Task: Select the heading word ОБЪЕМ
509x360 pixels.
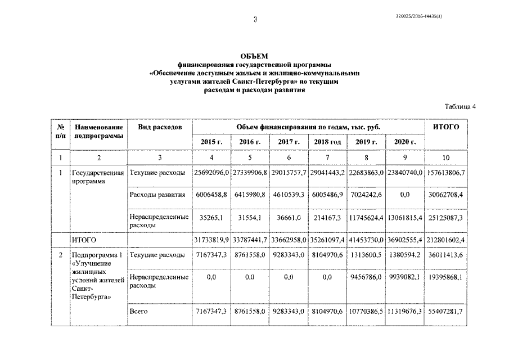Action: tap(254, 56)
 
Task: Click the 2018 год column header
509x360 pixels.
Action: tap(327, 142)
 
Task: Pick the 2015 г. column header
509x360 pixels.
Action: tap(211, 142)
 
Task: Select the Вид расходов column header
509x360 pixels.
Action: tap(160, 128)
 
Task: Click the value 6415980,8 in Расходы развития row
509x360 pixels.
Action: tap(250, 195)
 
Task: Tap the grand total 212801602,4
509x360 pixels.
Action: tap(445, 240)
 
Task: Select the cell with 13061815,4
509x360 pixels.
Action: tap(405, 218)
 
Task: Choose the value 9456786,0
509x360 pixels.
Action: tap(366, 277)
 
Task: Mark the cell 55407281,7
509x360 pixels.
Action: tap(445, 311)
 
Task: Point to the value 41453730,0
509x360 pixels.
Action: tap(366, 240)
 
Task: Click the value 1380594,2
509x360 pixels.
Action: tap(405, 255)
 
